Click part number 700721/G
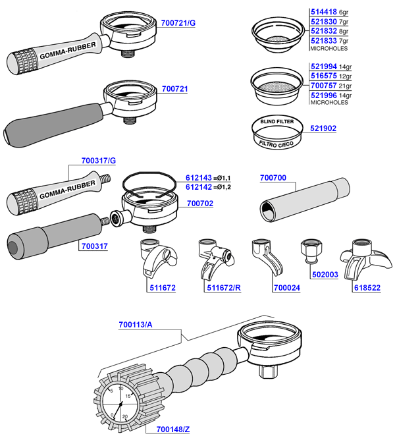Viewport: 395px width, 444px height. [x=178, y=23]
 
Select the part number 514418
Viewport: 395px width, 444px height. [x=324, y=12]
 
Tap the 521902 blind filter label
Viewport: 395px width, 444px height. [x=323, y=128]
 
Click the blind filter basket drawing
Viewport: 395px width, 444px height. [x=276, y=132]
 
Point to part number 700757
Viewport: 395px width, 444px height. [x=324, y=86]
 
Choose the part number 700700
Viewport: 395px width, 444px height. [x=273, y=179]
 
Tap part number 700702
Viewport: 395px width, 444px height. [x=200, y=204]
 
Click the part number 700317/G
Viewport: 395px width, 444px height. [x=98, y=160]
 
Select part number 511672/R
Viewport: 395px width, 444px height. [x=223, y=288]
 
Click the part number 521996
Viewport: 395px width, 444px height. [x=324, y=95]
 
